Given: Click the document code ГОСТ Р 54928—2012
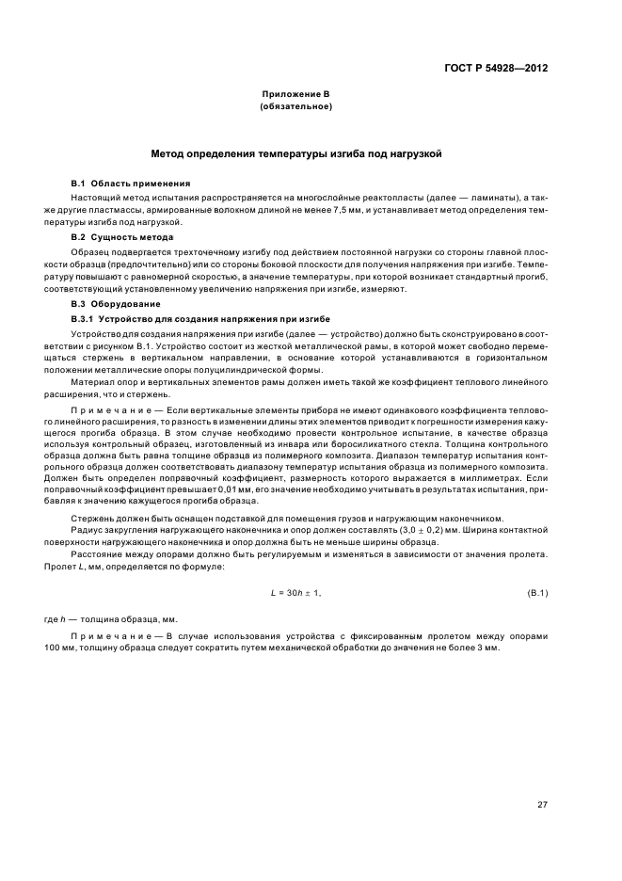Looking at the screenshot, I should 495,69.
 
